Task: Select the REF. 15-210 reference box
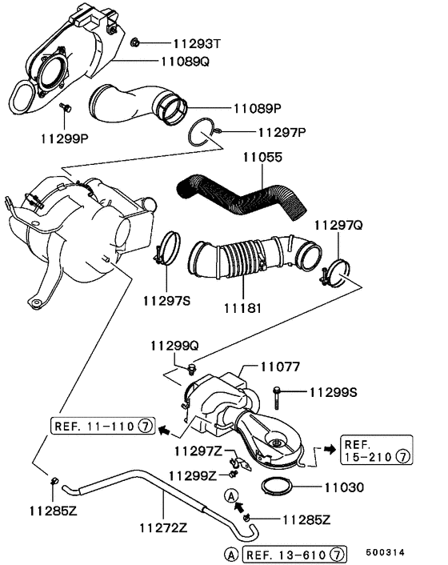pos(376,450)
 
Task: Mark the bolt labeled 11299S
pos(277,391)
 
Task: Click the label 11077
pos(279,367)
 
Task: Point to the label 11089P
pos(261,107)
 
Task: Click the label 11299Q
pos(174,345)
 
